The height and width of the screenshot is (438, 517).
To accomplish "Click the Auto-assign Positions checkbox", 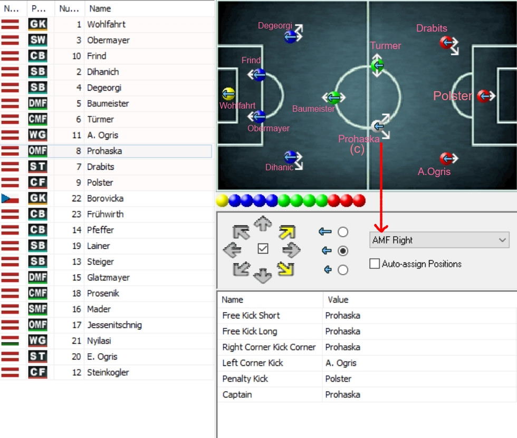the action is tap(374, 264).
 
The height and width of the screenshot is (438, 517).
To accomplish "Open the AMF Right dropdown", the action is tap(439, 240).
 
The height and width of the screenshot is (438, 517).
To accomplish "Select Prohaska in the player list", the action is tap(104, 151).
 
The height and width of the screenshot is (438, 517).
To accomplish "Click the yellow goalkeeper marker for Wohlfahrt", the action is tap(228, 94).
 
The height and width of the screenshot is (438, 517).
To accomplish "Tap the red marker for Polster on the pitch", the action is tap(483, 96).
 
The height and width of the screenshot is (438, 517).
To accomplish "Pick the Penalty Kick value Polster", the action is tap(338, 379).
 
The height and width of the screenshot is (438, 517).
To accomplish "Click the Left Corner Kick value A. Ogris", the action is tap(341, 363).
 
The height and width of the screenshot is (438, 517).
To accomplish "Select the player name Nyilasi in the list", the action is tap(99, 341).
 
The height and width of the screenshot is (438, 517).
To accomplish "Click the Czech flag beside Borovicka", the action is tap(10, 198).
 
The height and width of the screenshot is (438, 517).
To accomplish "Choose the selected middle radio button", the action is tap(343, 251).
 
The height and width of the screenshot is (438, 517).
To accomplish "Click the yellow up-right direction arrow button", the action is tap(287, 232).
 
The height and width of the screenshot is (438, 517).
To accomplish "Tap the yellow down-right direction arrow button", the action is tap(286, 268).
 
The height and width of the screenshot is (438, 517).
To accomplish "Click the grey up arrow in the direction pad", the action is tap(263, 223).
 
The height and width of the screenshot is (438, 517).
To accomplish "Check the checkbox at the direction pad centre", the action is tap(263, 249).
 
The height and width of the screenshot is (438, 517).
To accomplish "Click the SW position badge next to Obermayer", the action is tap(37, 40).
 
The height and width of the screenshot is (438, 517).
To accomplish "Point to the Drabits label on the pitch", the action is tap(432, 28).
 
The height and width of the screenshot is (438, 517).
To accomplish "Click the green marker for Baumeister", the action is tap(333, 98).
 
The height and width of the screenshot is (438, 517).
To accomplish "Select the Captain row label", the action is tap(237, 395).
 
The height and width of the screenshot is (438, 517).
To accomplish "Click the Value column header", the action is tap(338, 300).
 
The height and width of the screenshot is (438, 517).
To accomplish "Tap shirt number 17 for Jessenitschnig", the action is tap(76, 325).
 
